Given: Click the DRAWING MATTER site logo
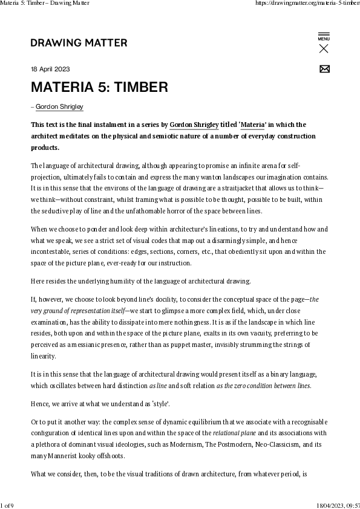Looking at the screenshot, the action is click(79, 43).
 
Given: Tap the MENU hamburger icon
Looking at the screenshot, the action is click(324, 34).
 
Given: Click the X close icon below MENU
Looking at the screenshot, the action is click(324, 49).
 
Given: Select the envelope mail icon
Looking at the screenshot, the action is click(324, 68).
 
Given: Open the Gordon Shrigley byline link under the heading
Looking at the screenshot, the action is click(59, 107).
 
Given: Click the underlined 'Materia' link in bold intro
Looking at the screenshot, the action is click(252, 125).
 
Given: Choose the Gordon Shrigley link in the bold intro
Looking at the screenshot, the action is click(194, 125).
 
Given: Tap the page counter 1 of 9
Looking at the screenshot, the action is click(8, 505).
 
